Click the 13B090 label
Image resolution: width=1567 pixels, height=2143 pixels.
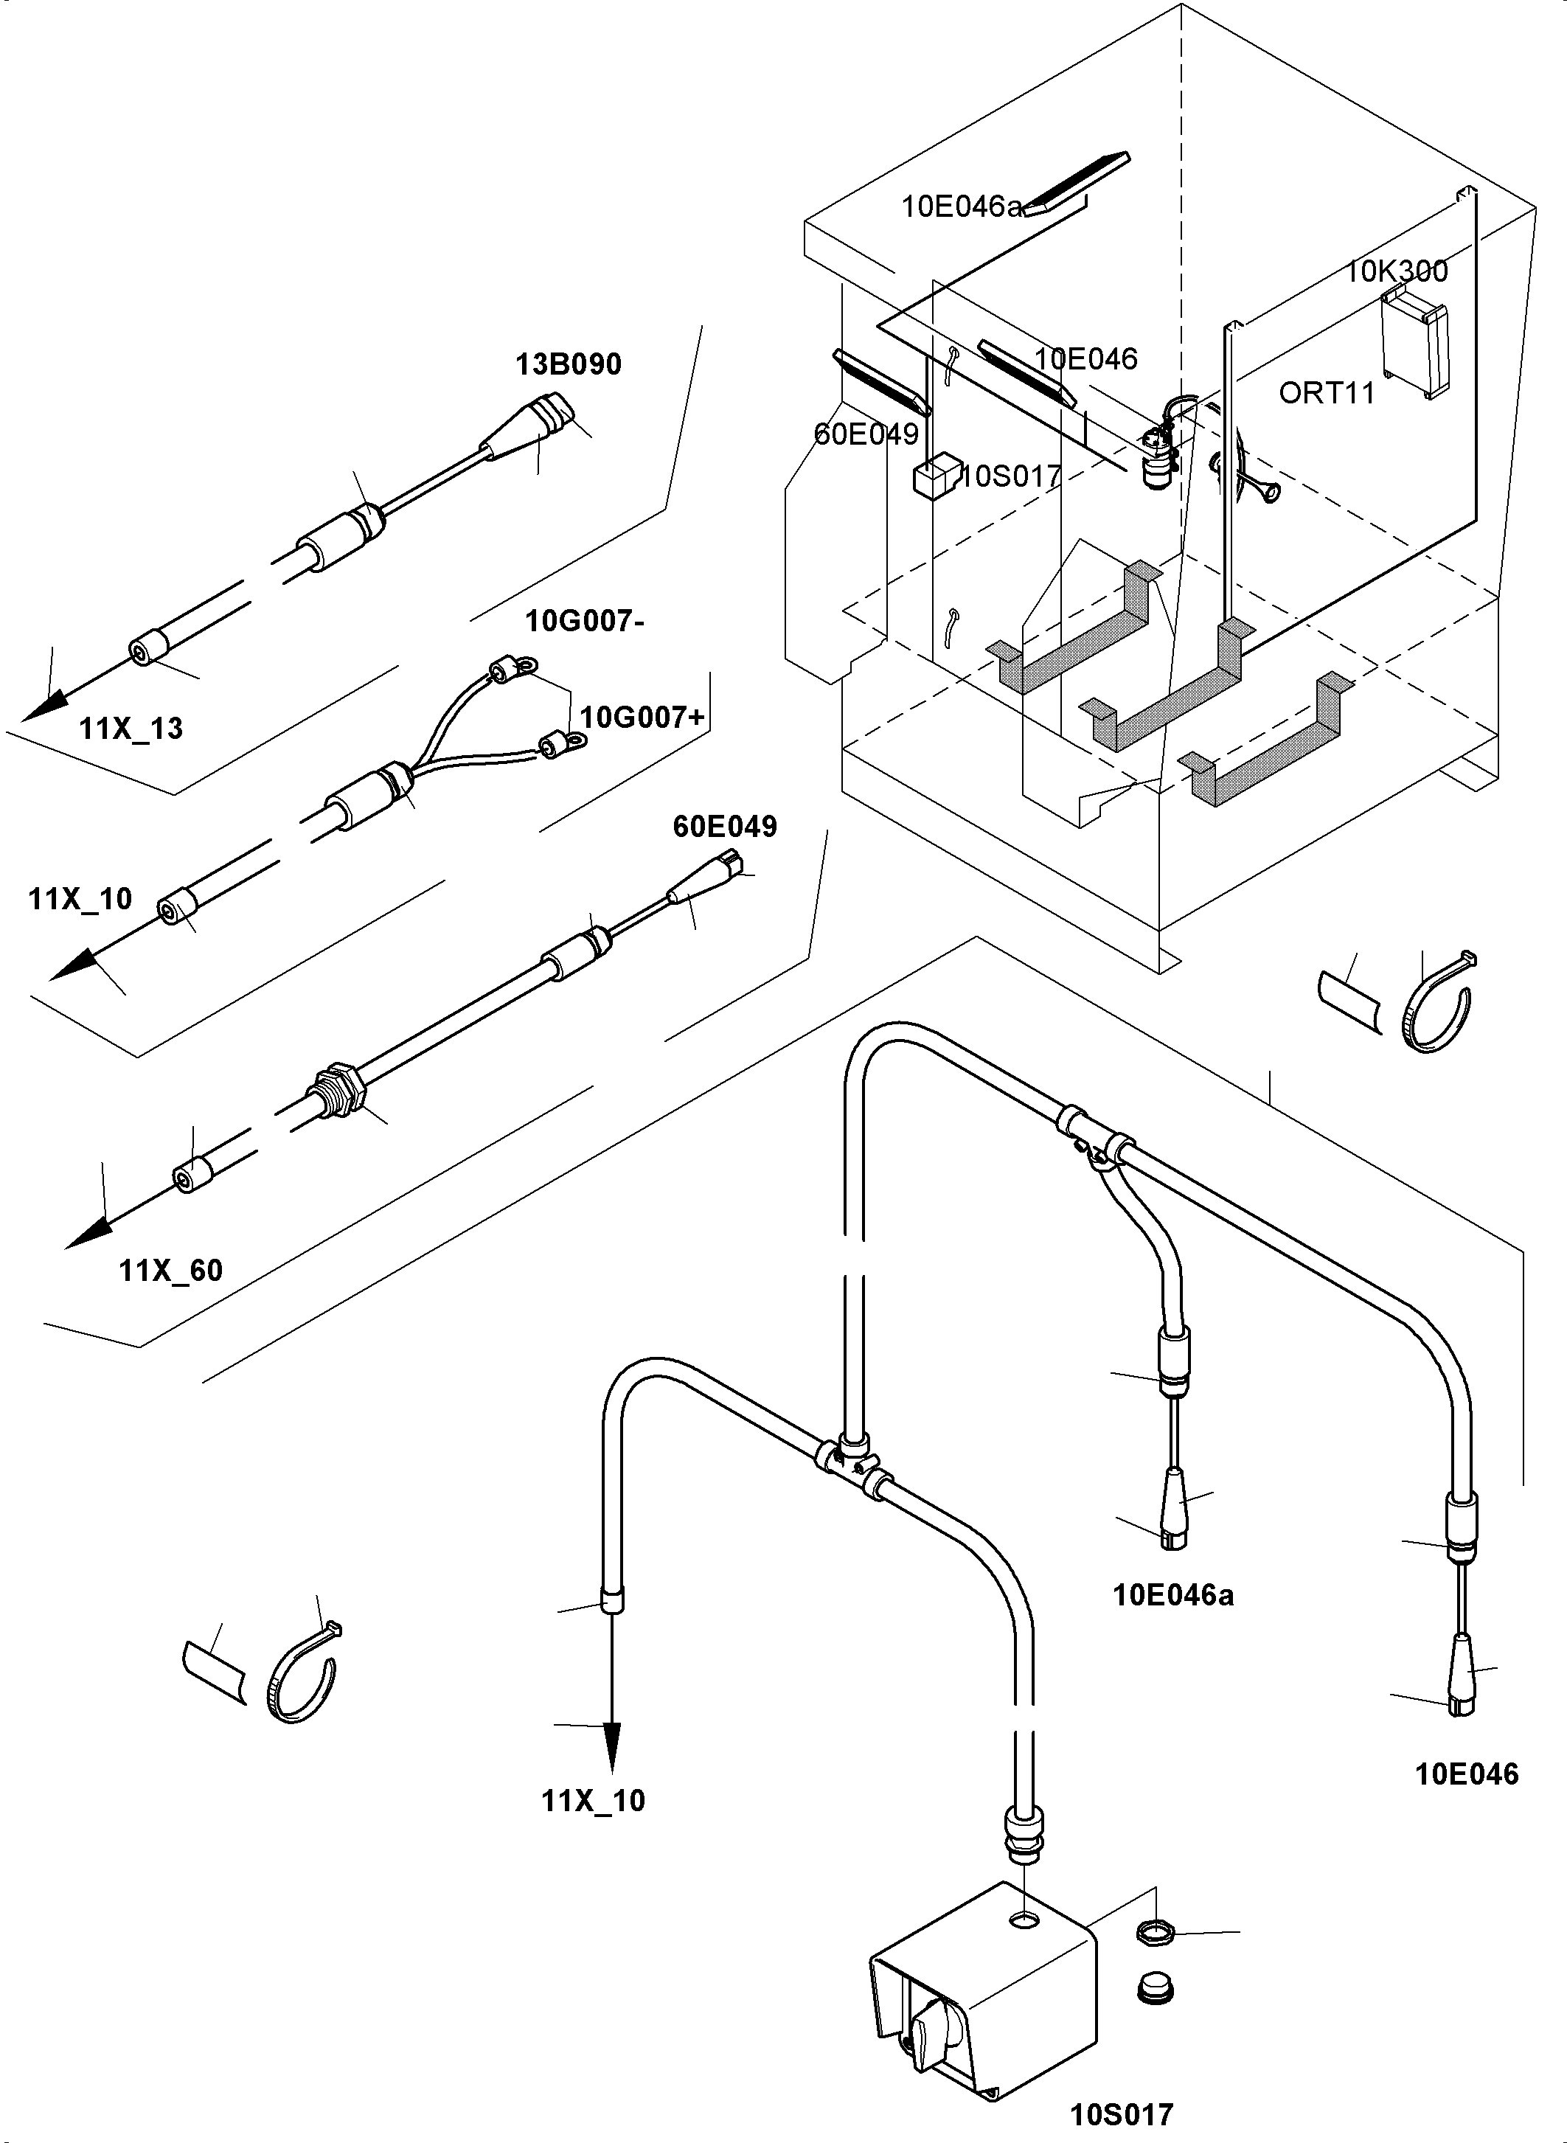pos(569,364)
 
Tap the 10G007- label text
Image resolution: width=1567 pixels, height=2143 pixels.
pos(586,622)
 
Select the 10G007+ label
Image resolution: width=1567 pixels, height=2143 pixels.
pos(642,718)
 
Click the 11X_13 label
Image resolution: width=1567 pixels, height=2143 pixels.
pos(131,729)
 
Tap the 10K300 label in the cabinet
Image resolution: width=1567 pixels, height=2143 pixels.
pos(1396,272)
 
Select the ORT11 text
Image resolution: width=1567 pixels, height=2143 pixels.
pos(1326,393)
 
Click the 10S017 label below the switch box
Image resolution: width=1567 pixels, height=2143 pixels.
pos(1121,2114)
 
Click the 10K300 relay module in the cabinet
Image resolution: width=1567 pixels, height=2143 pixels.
pos(1414,341)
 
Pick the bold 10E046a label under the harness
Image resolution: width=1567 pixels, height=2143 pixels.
pos(1173,1596)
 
